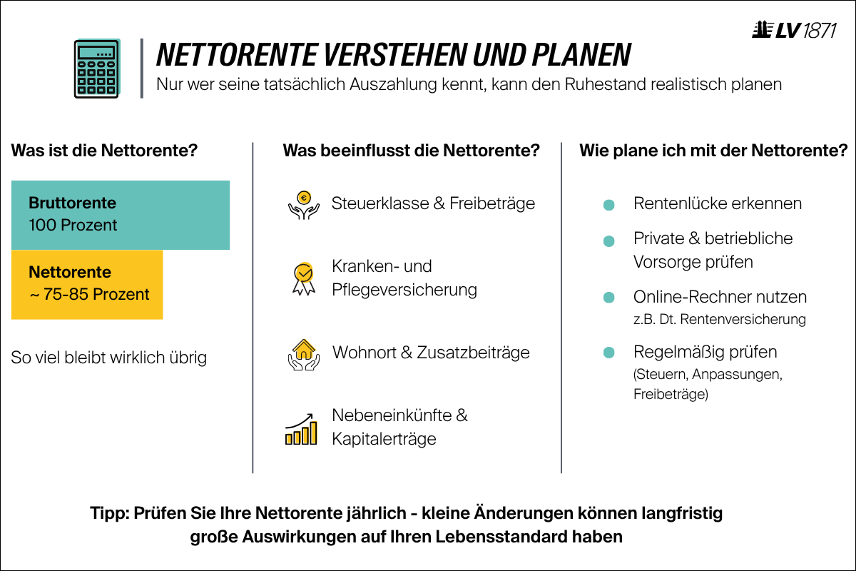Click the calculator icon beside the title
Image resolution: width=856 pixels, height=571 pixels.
coord(97,69)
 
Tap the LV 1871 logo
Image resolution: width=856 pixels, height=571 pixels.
coord(794,31)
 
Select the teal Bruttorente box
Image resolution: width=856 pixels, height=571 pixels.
coord(121,214)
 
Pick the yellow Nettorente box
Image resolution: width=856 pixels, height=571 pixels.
coord(87,284)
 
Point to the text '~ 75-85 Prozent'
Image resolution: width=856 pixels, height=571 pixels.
coord(89,295)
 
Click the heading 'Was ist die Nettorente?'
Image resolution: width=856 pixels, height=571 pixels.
coord(104,151)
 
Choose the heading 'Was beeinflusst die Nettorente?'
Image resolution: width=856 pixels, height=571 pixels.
coord(411,151)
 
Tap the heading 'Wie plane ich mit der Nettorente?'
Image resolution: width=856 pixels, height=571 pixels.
coord(713,151)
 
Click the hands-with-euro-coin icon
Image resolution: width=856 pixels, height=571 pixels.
coord(303,204)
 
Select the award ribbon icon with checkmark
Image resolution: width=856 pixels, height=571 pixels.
coord(303,278)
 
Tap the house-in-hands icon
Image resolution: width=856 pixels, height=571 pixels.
coord(303,353)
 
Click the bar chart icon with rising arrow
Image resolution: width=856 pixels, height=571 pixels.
coord(301,428)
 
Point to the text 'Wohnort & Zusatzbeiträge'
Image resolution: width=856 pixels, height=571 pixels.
coord(431,353)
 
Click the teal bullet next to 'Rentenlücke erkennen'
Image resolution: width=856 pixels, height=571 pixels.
coord(608,205)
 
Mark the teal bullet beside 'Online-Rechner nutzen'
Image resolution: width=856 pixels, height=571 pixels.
coord(608,297)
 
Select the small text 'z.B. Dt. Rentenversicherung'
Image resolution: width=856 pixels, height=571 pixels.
coord(719,320)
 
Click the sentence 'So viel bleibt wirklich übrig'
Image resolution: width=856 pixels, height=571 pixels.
coord(109,358)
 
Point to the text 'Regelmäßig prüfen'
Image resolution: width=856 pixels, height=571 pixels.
coord(705,352)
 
